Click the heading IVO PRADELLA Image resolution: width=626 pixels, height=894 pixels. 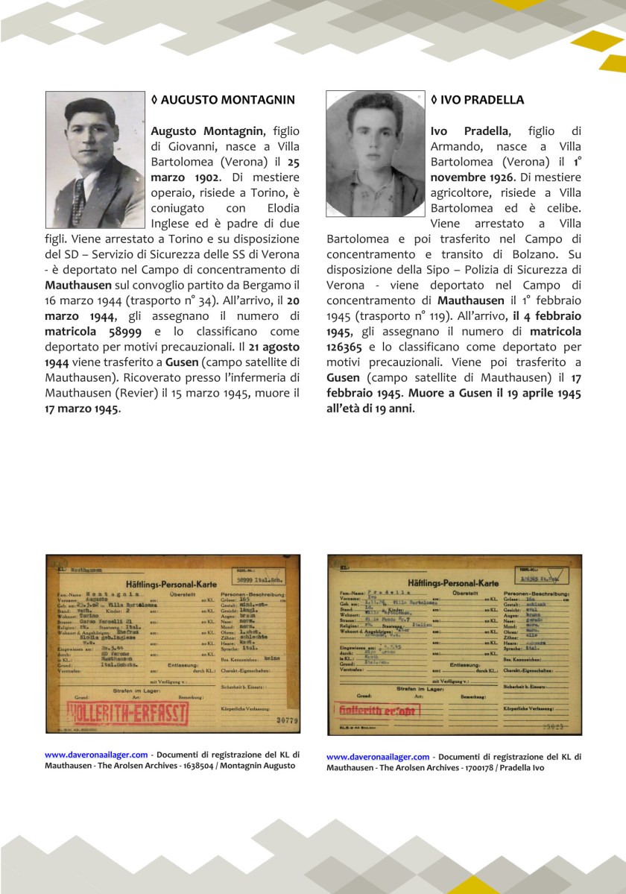click(x=477, y=100)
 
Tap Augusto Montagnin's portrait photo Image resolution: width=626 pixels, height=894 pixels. click(x=95, y=160)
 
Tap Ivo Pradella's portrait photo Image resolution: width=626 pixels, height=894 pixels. click(x=375, y=154)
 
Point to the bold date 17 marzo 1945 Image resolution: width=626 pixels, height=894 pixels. click(x=81, y=409)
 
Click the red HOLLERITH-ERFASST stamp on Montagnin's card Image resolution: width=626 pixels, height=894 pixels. click(x=127, y=712)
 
